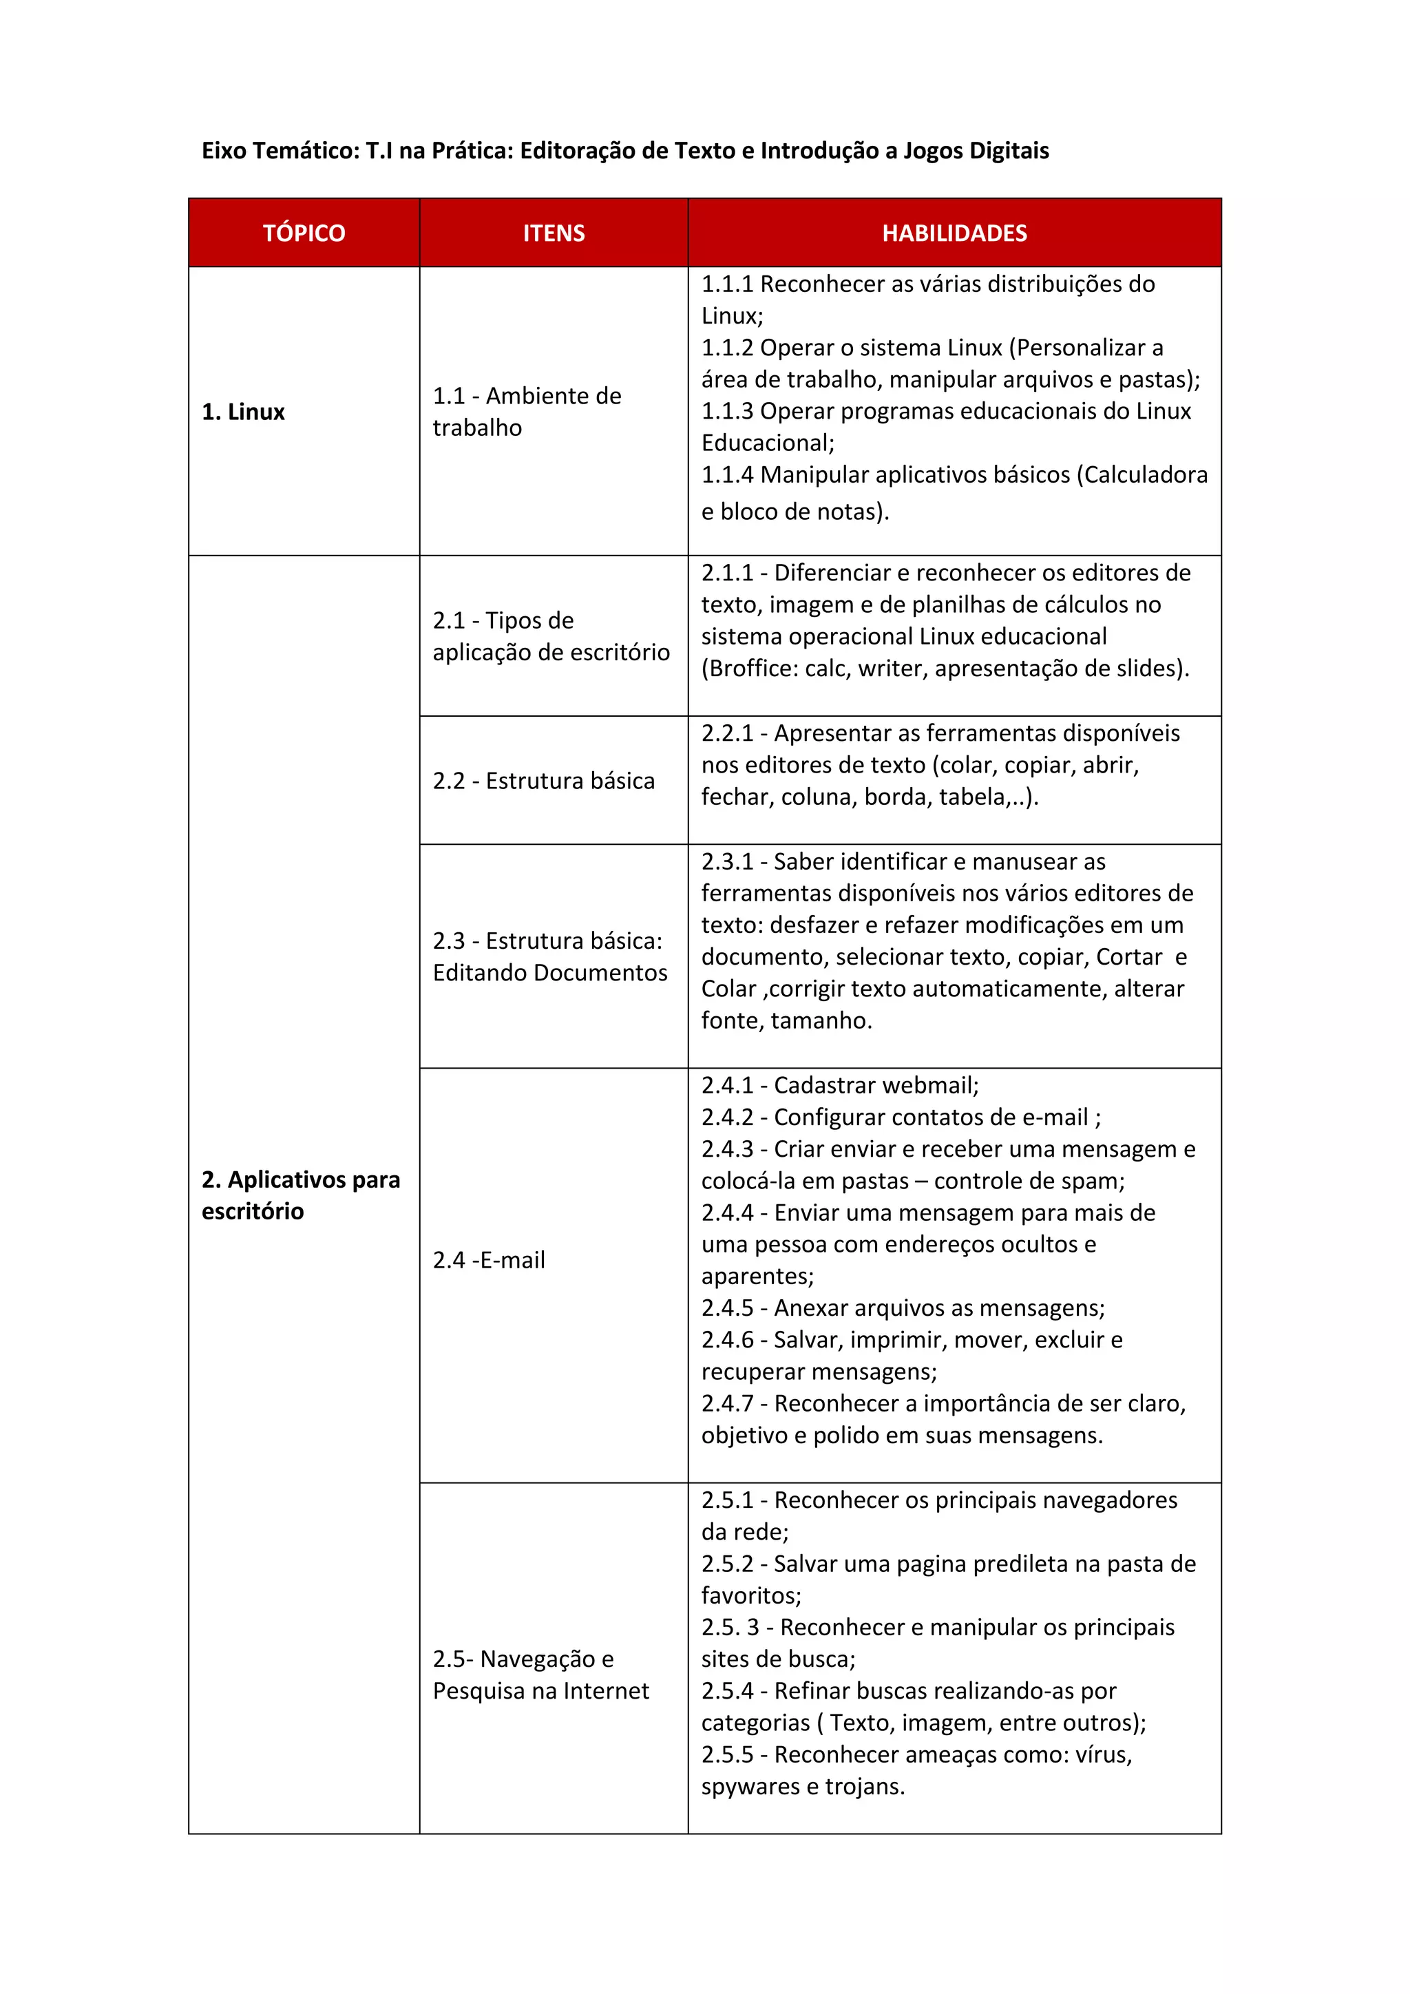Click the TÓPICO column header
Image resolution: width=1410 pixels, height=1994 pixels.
pos(304,233)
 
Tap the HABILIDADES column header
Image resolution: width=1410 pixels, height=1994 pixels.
pos(954,233)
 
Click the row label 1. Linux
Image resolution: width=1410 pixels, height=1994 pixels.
pos(243,412)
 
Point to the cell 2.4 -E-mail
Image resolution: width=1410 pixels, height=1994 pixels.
pos(489,1260)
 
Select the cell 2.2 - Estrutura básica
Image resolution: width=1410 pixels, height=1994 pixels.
pos(543,781)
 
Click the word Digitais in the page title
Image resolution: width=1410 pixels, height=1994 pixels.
pos(1009,151)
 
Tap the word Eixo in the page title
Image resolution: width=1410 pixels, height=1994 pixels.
pos(223,151)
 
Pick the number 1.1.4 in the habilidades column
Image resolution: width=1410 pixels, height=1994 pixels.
pos(727,475)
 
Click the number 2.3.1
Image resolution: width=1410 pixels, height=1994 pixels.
pos(727,861)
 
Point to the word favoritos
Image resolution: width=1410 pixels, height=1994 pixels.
pos(750,1595)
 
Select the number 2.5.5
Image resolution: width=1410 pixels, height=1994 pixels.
pos(727,1754)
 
